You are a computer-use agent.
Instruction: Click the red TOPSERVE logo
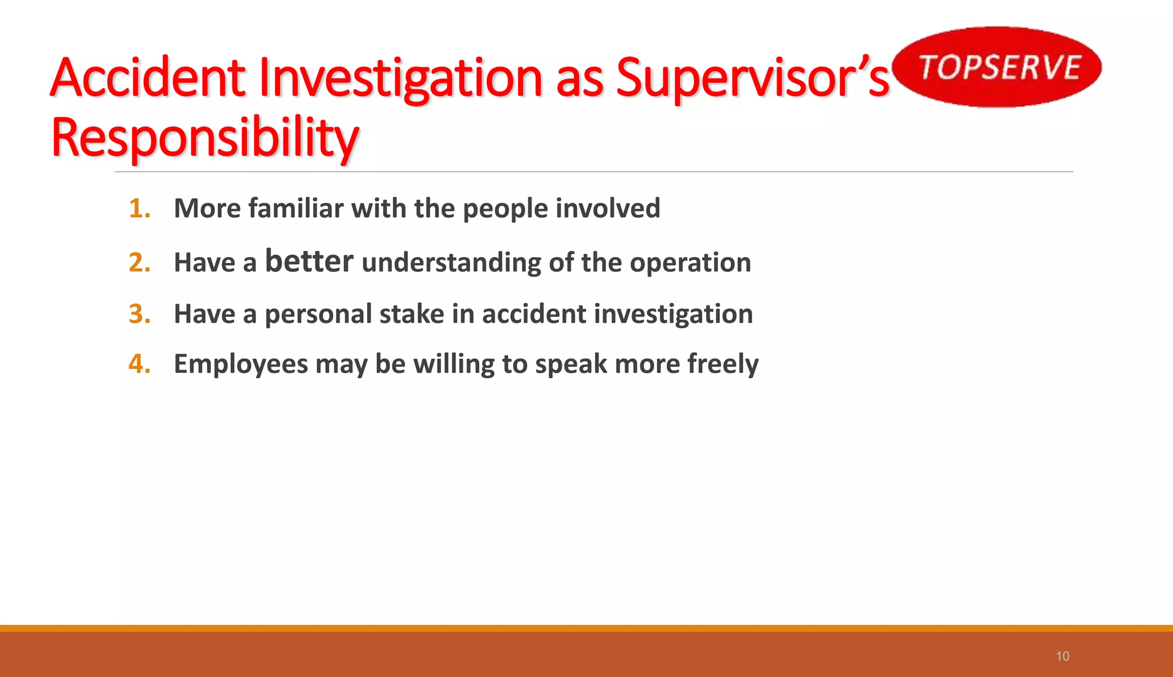point(998,67)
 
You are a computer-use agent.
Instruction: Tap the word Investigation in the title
point(400,78)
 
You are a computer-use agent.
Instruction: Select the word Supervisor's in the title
point(752,78)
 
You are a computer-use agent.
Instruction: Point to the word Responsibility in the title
point(204,139)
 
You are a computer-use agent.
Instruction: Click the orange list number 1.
point(139,208)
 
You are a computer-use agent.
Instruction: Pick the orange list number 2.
point(139,263)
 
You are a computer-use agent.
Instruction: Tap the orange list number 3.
point(139,314)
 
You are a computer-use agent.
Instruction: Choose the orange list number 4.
point(139,364)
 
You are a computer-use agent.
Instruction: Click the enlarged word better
point(309,261)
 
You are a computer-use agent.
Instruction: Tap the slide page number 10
point(1062,656)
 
